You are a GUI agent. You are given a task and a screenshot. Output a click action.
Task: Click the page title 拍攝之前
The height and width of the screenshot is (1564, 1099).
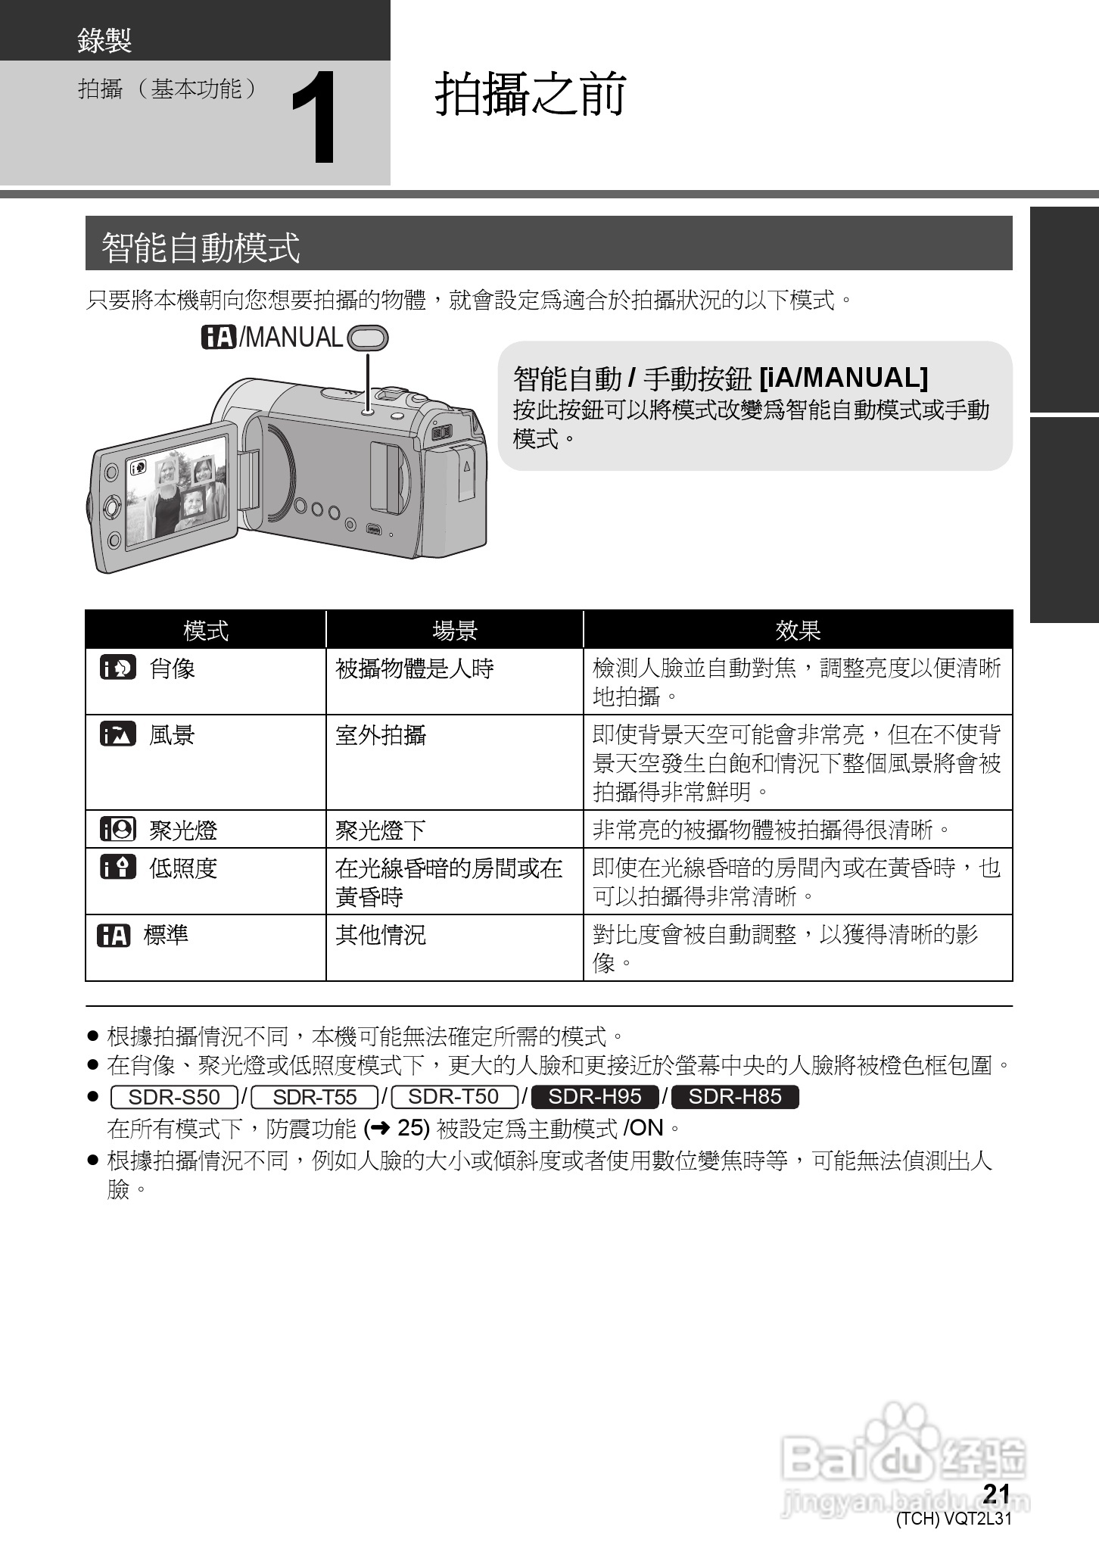click(531, 95)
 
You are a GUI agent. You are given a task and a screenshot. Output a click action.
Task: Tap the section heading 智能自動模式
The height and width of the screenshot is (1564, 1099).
click(201, 247)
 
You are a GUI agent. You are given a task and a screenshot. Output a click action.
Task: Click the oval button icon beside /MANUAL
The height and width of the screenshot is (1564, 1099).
click(367, 338)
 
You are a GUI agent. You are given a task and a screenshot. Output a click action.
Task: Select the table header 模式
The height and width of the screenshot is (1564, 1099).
click(205, 630)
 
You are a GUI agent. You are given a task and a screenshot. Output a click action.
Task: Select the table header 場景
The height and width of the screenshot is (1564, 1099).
click(454, 630)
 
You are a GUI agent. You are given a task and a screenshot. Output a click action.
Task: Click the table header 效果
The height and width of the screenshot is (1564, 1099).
click(798, 630)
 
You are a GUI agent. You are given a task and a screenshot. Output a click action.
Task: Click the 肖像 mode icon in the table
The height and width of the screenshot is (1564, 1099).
click(118, 668)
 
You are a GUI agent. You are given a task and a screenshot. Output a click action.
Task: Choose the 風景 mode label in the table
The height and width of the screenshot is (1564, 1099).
click(172, 734)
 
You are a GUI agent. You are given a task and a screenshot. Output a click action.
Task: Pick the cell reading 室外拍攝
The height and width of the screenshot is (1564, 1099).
click(381, 734)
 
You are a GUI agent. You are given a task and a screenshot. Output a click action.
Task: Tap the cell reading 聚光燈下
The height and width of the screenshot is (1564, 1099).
click(381, 830)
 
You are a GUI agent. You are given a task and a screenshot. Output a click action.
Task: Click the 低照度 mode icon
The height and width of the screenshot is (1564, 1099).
click(118, 867)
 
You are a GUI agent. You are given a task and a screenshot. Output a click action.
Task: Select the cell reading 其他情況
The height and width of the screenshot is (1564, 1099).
click(381, 934)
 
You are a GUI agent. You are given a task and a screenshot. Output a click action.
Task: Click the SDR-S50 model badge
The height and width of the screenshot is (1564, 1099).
click(174, 1097)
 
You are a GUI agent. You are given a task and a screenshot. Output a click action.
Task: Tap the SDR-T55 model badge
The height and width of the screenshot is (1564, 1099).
click(314, 1097)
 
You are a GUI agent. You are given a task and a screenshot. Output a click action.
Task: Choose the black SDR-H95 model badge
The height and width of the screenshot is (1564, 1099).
click(595, 1097)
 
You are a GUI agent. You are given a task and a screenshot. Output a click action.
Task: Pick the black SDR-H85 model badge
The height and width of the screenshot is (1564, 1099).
click(735, 1097)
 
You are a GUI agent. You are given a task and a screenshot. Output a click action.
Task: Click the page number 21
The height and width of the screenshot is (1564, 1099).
click(997, 1492)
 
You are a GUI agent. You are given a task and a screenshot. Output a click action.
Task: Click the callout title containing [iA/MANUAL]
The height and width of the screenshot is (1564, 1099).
click(720, 377)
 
